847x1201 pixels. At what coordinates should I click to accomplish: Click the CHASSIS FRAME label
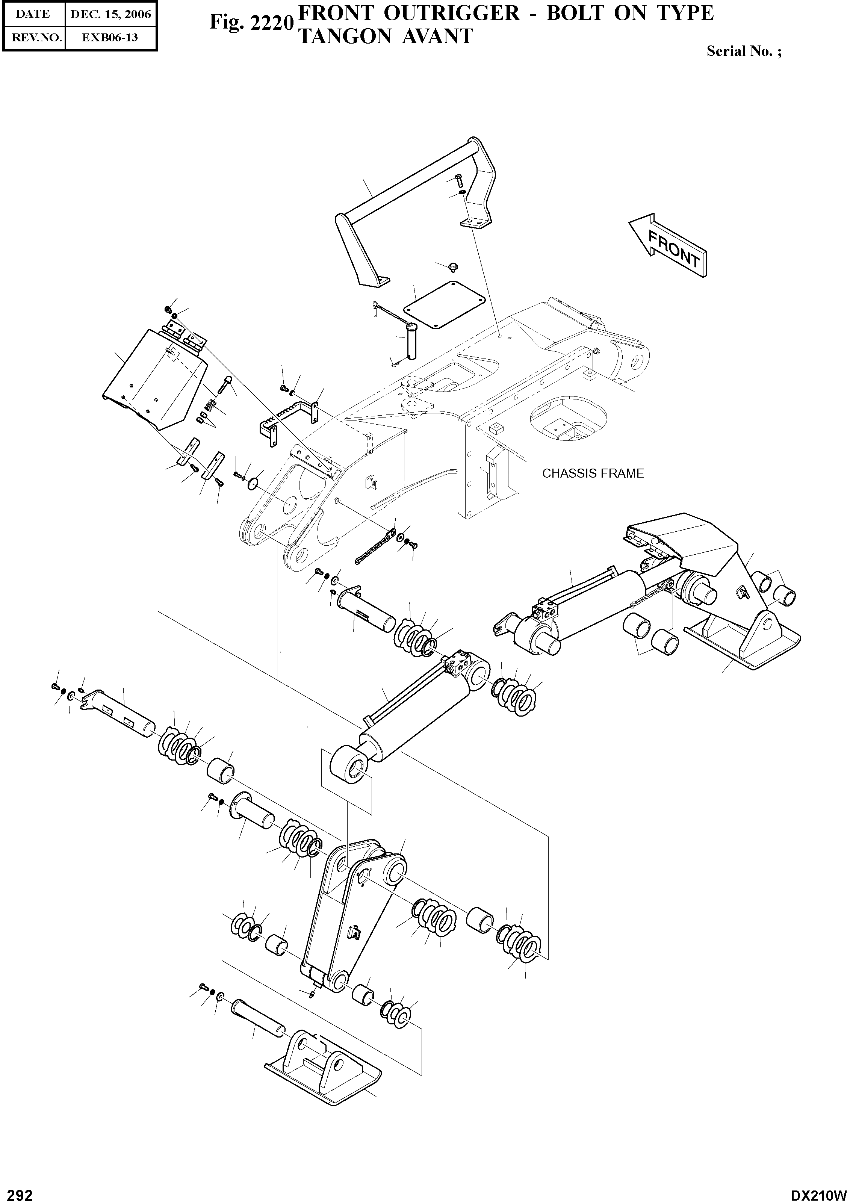[x=593, y=473]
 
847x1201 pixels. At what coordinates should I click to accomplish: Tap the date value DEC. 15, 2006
[x=110, y=14]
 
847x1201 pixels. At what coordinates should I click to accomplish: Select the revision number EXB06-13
[x=110, y=38]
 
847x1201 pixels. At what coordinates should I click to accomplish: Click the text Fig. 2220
[x=250, y=23]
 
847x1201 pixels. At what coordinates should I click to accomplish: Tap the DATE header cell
[x=33, y=14]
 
